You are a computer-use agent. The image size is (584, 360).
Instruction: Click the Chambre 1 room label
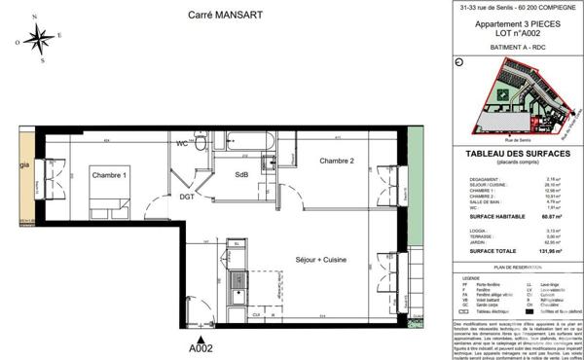[110, 175]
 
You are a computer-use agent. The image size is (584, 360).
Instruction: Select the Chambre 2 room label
[338, 161]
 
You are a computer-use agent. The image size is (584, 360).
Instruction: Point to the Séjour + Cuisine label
[321, 260]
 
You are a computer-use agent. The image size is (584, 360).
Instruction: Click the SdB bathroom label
[240, 174]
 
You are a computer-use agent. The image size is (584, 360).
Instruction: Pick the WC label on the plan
[181, 144]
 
